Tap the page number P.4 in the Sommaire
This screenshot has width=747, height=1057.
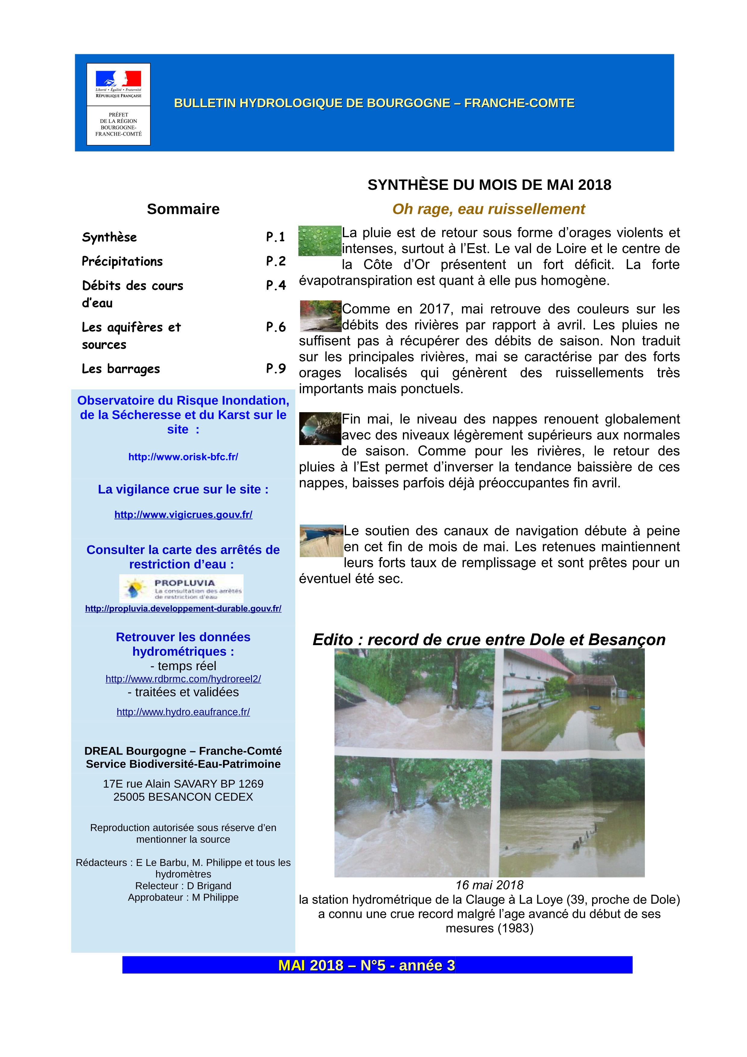(276, 285)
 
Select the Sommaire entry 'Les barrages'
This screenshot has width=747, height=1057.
(121, 369)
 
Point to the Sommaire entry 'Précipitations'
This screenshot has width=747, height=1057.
(122, 262)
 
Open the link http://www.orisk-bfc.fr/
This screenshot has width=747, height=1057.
(183, 457)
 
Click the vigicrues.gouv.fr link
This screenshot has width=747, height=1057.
(183, 515)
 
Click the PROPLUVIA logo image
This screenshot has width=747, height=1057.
(181, 588)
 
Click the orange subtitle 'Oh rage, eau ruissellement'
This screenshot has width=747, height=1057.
(488, 209)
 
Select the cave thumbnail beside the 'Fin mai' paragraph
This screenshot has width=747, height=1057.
(320, 428)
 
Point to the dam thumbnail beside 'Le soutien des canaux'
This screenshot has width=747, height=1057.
(321, 541)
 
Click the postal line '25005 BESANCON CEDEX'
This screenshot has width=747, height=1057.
(183, 797)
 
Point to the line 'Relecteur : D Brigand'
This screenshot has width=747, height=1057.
(183, 886)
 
